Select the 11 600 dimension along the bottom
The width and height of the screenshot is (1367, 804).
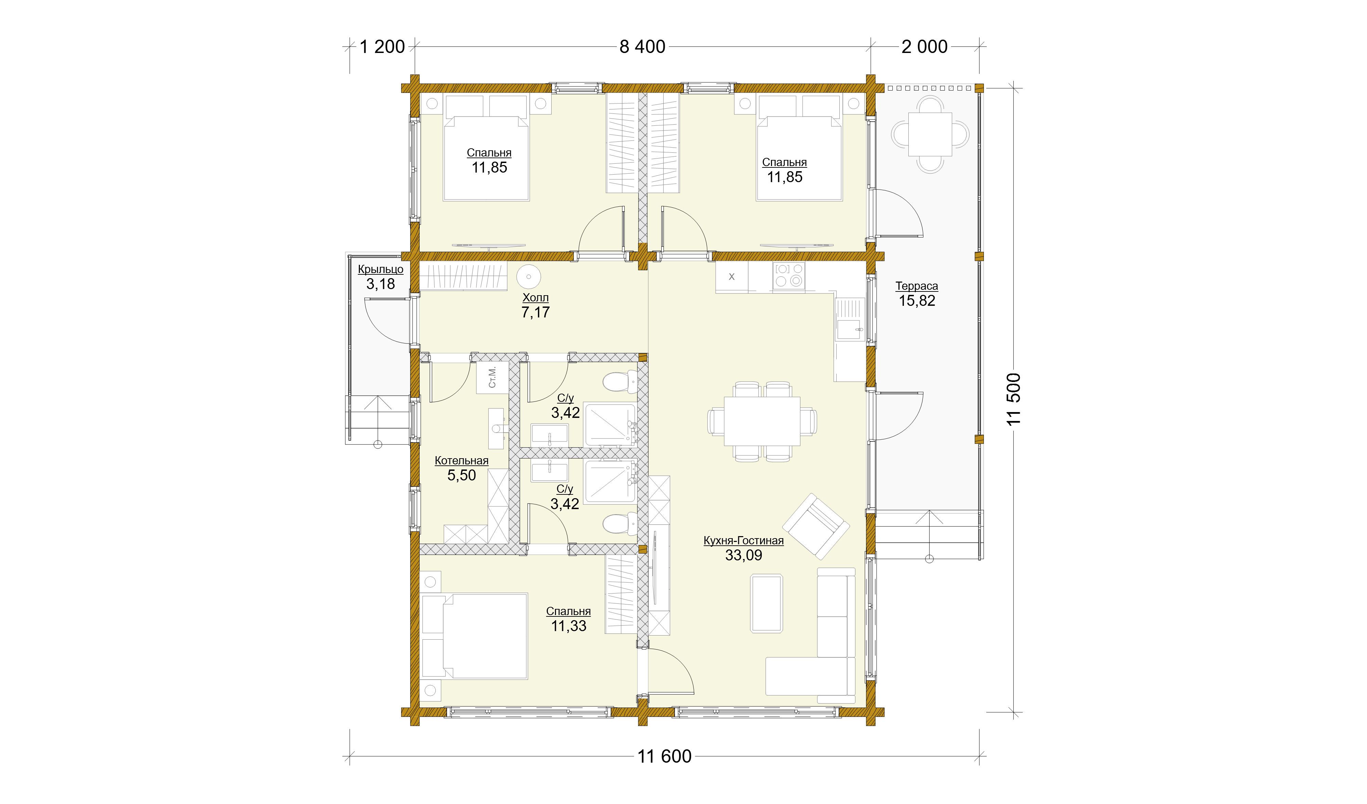tap(664, 756)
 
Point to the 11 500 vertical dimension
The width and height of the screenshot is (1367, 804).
tap(1013, 399)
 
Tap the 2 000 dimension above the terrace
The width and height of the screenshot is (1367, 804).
tap(924, 47)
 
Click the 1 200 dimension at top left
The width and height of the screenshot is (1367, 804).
tap(382, 47)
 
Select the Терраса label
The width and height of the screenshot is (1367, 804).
tap(917, 286)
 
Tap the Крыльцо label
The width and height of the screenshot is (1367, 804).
tap(380, 269)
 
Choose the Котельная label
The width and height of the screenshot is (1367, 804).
tap(462, 461)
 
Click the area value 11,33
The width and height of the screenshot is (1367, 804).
tap(568, 626)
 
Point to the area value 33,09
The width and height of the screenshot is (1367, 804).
tap(744, 556)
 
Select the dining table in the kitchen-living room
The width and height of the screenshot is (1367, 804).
tap(762, 421)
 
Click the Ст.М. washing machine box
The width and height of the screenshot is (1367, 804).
tap(492, 377)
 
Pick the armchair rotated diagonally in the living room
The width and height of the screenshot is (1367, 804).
tap(815, 526)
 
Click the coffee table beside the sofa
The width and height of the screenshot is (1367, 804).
tap(767, 603)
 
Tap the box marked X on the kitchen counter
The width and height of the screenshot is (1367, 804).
tap(731, 277)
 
